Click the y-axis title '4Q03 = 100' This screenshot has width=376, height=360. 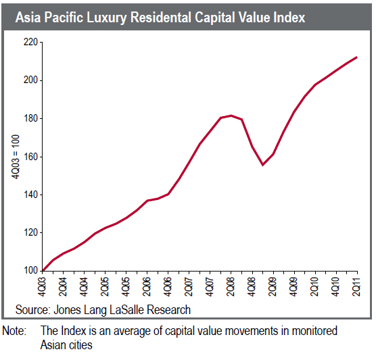(15, 157)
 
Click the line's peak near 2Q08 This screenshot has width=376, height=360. (231, 115)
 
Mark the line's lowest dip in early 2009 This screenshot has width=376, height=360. (262, 165)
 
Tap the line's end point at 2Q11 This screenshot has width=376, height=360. (356, 57)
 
